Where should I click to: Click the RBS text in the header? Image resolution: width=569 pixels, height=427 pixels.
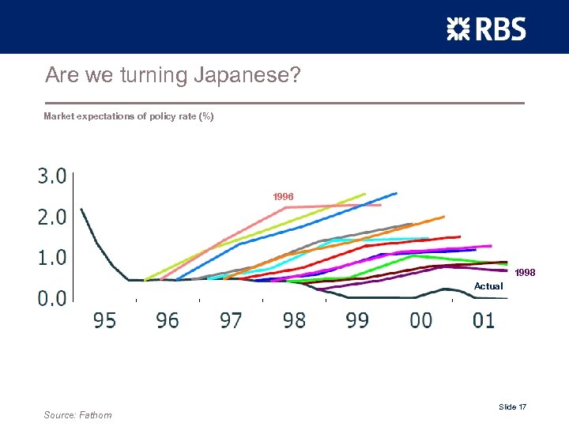pos(499,28)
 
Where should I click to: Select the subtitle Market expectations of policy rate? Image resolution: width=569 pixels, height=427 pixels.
pos(128,116)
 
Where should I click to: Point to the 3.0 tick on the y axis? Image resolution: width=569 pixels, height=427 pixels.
pos(52,176)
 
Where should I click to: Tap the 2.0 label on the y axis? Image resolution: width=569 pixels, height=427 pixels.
pos(52,217)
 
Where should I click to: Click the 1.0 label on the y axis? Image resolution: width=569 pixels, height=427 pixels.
pos(52,257)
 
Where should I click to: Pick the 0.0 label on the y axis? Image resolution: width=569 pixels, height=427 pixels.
pos(52,298)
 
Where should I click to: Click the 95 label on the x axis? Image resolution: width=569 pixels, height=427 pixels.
pos(104,320)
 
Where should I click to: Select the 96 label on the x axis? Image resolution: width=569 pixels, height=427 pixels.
pos(168,320)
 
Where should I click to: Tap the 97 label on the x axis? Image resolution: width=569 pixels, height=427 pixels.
pos(231,320)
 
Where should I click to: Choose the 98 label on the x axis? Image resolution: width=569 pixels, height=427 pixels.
pos(294,320)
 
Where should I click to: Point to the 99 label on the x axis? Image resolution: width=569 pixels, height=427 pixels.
pos(357,320)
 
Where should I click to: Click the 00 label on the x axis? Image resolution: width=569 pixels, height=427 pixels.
pos(420,320)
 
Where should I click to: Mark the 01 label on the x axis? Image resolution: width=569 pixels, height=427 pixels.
pos(484,320)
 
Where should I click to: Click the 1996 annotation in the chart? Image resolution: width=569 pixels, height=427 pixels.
pos(283,195)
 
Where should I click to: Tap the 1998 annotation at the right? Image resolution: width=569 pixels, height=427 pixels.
pos(525,273)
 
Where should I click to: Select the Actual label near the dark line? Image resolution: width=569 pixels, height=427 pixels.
pos(488,285)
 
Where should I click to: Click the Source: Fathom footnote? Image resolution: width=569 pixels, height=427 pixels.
pos(78,415)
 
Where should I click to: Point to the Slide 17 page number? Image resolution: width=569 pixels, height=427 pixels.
pos(512,406)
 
